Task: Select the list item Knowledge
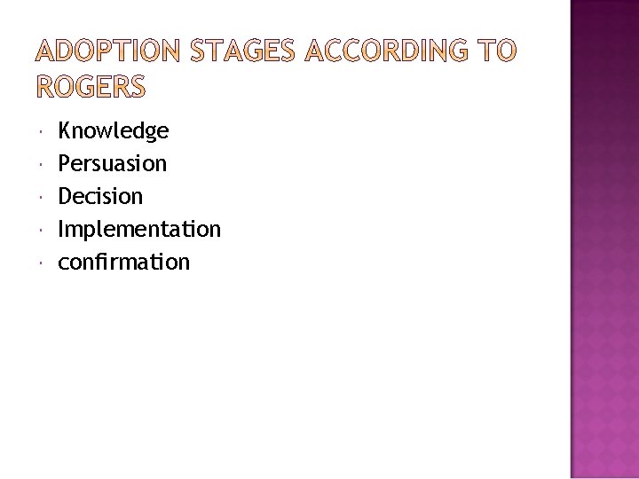(x=113, y=132)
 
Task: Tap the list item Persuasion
(x=112, y=164)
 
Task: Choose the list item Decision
(x=100, y=196)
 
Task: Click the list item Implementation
(x=139, y=230)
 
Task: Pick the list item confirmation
(x=123, y=262)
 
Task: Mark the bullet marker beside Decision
(x=43, y=197)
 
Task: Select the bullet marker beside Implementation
(x=43, y=230)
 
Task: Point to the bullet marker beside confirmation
(x=43, y=263)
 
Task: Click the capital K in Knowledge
(x=65, y=132)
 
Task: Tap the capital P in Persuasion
(x=65, y=164)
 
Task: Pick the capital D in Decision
(x=66, y=196)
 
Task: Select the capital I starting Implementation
(x=61, y=229)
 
